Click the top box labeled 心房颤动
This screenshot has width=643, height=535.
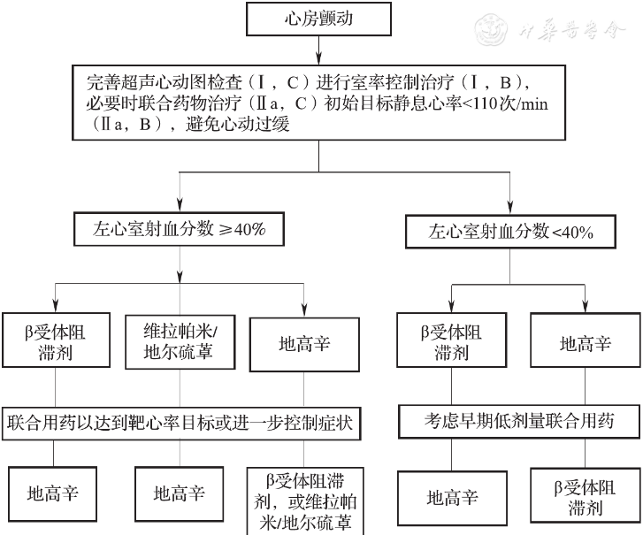(x=318, y=19)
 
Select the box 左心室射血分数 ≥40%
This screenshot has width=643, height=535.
(x=180, y=229)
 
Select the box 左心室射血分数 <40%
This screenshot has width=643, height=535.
(x=510, y=232)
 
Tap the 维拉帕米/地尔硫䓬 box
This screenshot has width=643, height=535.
(x=180, y=342)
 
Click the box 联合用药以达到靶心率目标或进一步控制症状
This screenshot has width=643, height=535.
(x=181, y=423)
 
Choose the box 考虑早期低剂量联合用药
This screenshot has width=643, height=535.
(x=519, y=422)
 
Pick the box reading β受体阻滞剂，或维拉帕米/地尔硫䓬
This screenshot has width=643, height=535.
(x=305, y=501)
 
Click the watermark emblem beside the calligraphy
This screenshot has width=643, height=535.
(x=491, y=29)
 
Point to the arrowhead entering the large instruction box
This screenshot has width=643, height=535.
(x=318, y=58)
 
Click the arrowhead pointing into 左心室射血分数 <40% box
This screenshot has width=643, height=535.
(x=510, y=207)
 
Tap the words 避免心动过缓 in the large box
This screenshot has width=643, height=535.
(x=238, y=124)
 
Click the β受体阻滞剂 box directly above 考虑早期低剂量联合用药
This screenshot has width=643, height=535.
(x=451, y=340)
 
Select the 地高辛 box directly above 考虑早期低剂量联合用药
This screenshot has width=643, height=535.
(x=586, y=340)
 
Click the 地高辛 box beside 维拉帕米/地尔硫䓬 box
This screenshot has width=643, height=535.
(x=304, y=344)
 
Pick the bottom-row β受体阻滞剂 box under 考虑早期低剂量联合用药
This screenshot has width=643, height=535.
(x=586, y=495)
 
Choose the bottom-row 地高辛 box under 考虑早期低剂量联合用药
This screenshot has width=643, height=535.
(x=452, y=498)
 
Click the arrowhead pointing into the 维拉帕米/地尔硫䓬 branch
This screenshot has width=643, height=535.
(x=180, y=276)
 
